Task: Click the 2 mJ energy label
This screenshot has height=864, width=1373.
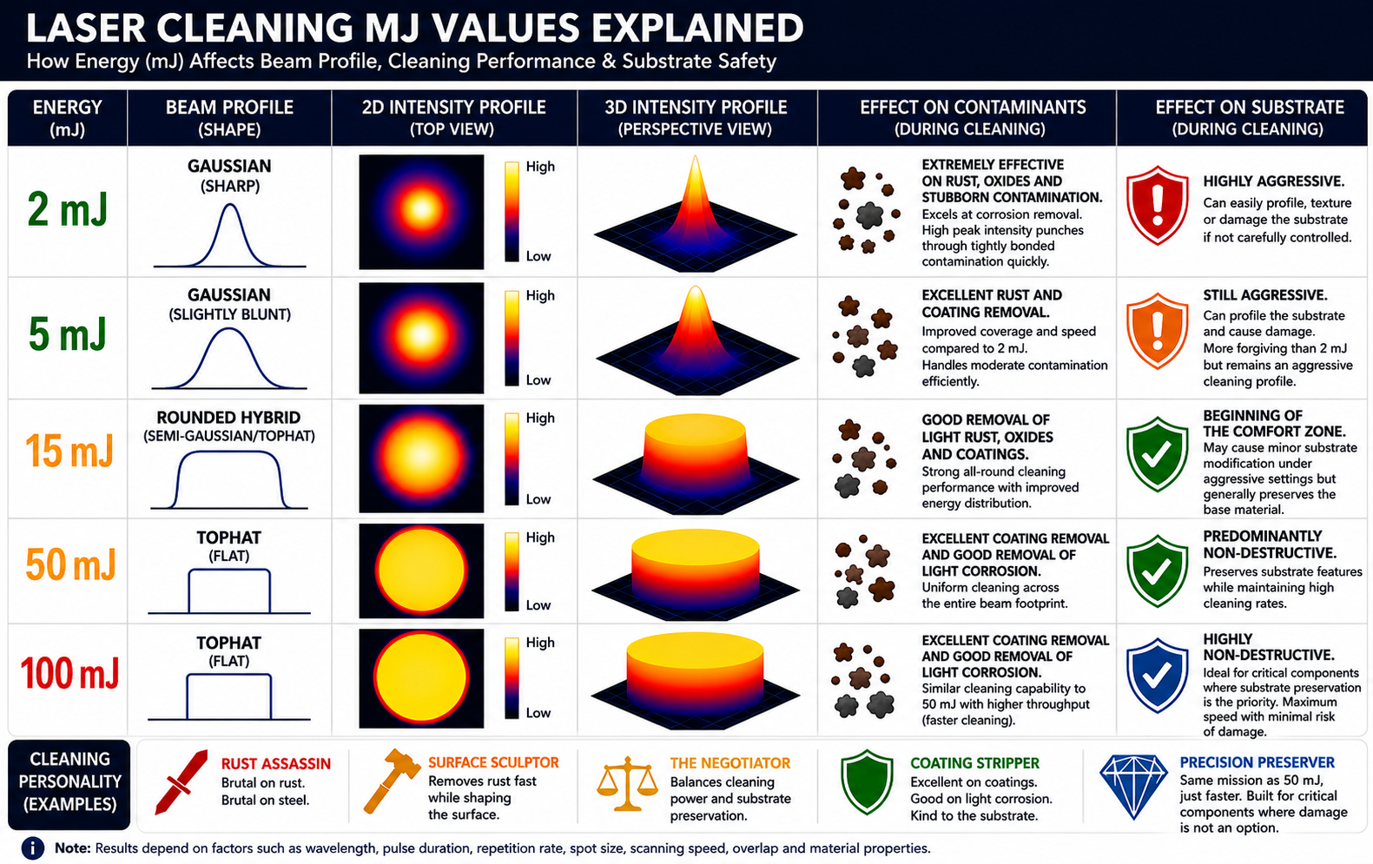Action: click(x=68, y=209)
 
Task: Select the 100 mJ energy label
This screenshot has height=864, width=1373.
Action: click(x=69, y=674)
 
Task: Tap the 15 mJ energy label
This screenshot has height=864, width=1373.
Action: click(x=69, y=451)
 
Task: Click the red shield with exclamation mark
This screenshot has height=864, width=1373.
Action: click(x=1157, y=205)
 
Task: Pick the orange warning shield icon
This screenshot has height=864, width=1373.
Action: click(x=1157, y=330)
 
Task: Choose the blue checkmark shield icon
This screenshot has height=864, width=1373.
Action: click(x=1157, y=676)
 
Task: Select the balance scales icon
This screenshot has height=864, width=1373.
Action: click(x=627, y=784)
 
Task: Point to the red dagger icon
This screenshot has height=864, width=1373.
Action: click(x=181, y=782)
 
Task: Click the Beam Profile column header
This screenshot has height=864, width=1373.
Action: click(x=229, y=117)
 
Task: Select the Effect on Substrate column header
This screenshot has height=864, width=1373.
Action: click(x=1249, y=117)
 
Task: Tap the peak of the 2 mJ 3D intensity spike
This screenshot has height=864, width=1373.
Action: click(x=695, y=156)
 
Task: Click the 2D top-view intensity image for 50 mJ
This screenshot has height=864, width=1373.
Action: click(x=421, y=571)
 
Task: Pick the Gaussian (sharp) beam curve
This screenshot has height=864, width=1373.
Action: click(x=229, y=235)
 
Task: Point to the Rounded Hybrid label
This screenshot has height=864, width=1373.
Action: click(x=228, y=418)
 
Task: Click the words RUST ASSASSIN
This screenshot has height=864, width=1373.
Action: click(x=276, y=763)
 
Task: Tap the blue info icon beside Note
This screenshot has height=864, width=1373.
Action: click(x=32, y=848)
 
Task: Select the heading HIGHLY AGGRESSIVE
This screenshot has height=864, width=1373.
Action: click(x=1274, y=181)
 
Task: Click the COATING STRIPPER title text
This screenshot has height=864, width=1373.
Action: click(x=974, y=763)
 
